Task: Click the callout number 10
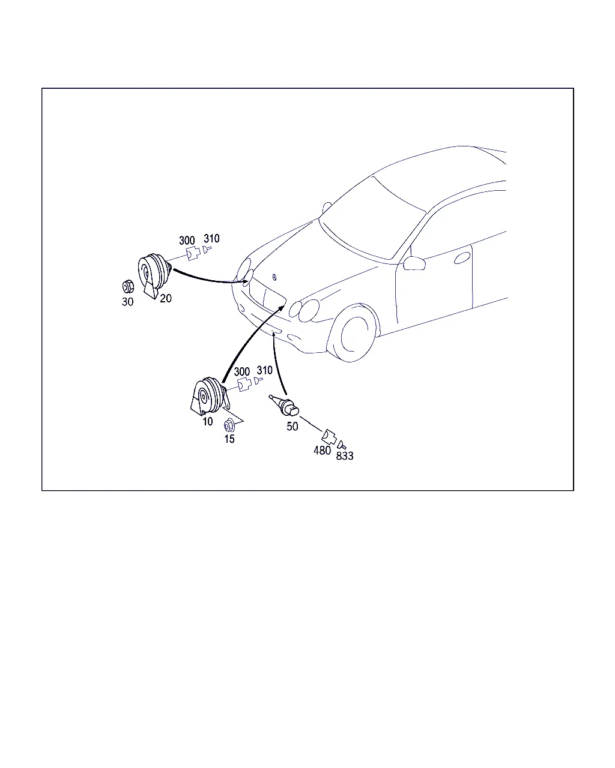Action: [208, 422]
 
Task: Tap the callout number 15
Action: [229, 439]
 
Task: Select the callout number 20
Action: [165, 298]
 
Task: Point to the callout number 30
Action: [127, 302]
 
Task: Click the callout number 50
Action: [292, 426]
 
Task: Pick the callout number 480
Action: [322, 451]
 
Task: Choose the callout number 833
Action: [345, 456]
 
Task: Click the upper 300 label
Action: [187, 241]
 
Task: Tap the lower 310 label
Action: [264, 370]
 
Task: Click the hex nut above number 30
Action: [127, 287]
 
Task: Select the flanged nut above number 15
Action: [229, 426]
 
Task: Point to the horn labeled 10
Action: [210, 396]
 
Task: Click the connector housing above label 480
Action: [329, 437]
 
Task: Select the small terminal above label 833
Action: [342, 445]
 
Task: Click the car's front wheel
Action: [354, 334]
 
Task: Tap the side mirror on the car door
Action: [414, 263]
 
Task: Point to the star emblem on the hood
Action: [274, 277]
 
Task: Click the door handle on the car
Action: [462, 258]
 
